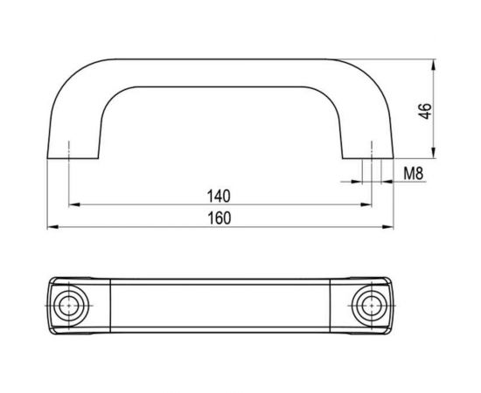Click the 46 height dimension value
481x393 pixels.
point(426,111)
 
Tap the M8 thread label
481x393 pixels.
point(413,174)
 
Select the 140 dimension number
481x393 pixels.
point(219,196)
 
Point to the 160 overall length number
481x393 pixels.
point(219,218)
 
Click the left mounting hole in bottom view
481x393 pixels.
point(69,306)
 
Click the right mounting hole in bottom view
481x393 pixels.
point(372,306)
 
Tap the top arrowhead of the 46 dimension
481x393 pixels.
point(433,65)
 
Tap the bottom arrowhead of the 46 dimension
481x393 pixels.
point(433,153)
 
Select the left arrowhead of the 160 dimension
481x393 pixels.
point(52,227)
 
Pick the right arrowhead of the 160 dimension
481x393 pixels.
point(387,227)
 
